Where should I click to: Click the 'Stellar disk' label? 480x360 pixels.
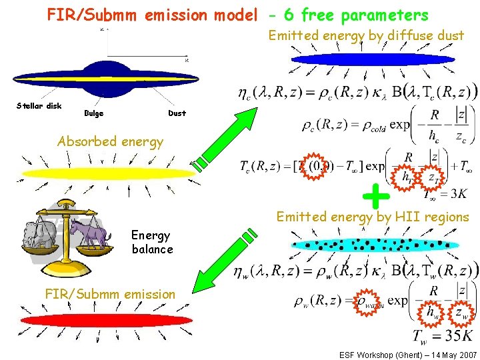(39, 106)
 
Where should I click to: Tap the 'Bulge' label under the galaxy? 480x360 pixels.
(94, 113)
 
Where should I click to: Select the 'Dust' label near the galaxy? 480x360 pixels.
(177, 113)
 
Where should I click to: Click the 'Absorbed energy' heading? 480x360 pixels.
(110, 141)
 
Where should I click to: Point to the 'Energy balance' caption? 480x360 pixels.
(152, 242)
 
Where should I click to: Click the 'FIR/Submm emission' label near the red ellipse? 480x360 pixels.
(110, 293)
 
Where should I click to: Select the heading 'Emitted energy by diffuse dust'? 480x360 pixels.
(366, 35)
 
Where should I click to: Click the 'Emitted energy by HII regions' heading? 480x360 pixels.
(373, 217)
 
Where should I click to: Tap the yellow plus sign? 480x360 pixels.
(376, 195)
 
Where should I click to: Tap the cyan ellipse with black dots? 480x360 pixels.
(375, 244)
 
